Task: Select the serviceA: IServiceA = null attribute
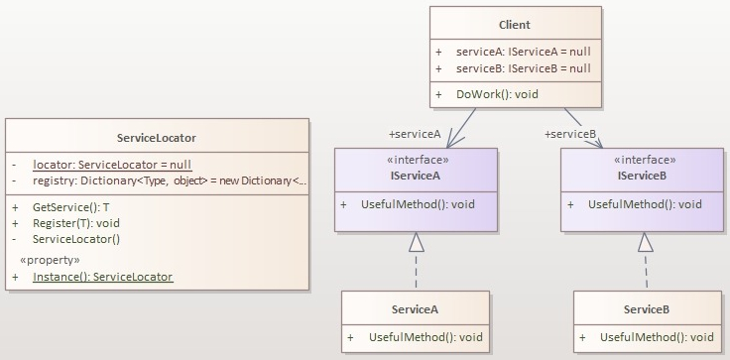pos(523,51)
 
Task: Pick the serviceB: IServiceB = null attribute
pos(523,68)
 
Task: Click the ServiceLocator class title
pos(156,138)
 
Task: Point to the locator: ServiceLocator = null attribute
pos(112,164)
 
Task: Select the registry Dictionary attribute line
pos(170,180)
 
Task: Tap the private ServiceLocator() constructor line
pos(76,239)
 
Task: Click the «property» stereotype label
pos(51,260)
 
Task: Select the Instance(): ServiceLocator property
pos(102,277)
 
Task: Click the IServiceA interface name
pos(411,175)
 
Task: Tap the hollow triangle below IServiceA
pos(417,242)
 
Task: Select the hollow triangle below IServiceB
pos(645,242)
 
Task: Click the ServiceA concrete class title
pos(415,309)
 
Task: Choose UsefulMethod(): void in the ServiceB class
pos(657,337)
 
